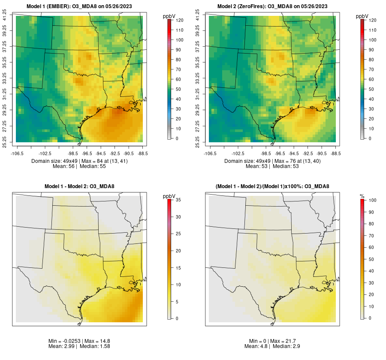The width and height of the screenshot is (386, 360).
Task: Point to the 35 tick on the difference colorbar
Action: coord(178,200)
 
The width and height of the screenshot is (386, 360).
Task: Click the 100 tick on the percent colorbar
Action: coord(372,200)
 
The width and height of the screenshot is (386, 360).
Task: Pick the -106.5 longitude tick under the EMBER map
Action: coord(16,153)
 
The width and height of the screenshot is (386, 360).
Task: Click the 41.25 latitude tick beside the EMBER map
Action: coord(5,16)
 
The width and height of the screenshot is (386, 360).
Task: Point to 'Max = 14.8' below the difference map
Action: coord(96,341)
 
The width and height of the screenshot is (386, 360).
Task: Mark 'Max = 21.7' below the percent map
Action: coord(286,341)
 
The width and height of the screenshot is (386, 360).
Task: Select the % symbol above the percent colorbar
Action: coord(362,196)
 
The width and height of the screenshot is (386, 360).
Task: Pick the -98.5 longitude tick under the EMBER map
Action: coord(73,153)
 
